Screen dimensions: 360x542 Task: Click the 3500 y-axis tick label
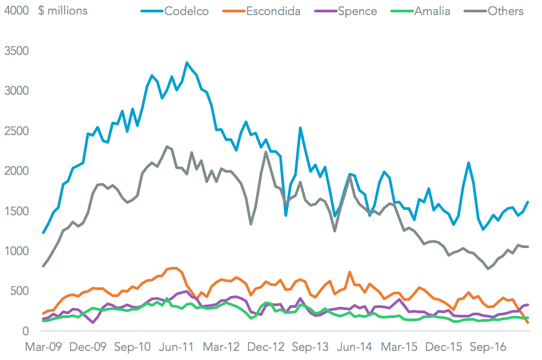pyautogui.click(x=17, y=52)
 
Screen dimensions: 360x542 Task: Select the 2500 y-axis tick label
pyautogui.click(x=17, y=131)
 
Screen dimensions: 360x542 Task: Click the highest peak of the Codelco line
pyautogui.click(x=187, y=63)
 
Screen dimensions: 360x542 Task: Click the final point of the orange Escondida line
pyautogui.click(x=527, y=322)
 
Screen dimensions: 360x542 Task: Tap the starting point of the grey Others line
pyautogui.click(x=44, y=266)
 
